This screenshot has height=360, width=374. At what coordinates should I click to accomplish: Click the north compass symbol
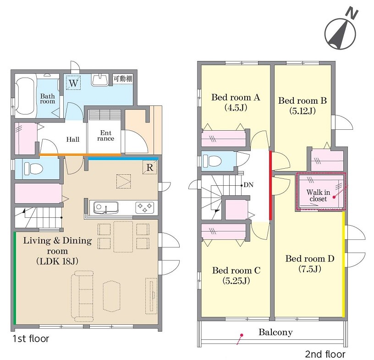click(341, 32)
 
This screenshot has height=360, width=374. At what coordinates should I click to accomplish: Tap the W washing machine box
click(73, 83)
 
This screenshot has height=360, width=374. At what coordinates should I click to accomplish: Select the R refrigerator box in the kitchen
click(149, 167)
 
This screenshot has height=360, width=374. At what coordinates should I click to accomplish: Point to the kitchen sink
click(106, 207)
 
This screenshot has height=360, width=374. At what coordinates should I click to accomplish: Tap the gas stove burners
click(144, 207)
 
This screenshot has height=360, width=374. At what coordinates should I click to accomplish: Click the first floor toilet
click(33, 169)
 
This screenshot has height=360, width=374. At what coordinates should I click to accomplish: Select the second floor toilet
click(212, 161)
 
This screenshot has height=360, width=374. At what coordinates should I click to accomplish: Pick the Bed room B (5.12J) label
click(302, 105)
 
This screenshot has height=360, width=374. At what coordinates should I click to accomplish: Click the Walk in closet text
click(318, 195)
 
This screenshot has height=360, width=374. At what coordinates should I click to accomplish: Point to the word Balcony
click(275, 332)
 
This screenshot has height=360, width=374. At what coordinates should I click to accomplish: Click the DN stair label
click(248, 185)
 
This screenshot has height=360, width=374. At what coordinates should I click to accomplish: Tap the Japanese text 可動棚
click(123, 78)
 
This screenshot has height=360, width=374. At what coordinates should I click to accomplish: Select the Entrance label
click(106, 135)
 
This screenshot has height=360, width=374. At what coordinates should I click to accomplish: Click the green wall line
click(15, 278)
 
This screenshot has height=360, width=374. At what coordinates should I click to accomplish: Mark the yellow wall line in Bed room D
click(343, 265)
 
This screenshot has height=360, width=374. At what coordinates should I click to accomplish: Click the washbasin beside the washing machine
click(100, 80)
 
